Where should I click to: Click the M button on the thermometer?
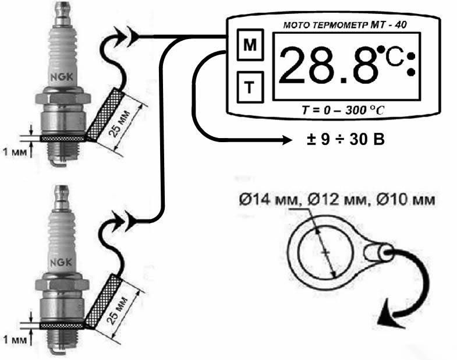coord(250,45)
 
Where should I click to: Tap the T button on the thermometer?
coord(250,87)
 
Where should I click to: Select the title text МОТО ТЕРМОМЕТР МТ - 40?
coord(345,25)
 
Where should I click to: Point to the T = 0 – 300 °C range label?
coord(343,110)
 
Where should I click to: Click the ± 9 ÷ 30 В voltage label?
coord(345,140)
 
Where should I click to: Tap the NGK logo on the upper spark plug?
coord(62,77)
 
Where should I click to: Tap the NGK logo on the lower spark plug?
coord(61,263)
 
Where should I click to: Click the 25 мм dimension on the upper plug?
coord(118,123)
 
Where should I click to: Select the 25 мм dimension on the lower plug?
coord(117,310)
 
